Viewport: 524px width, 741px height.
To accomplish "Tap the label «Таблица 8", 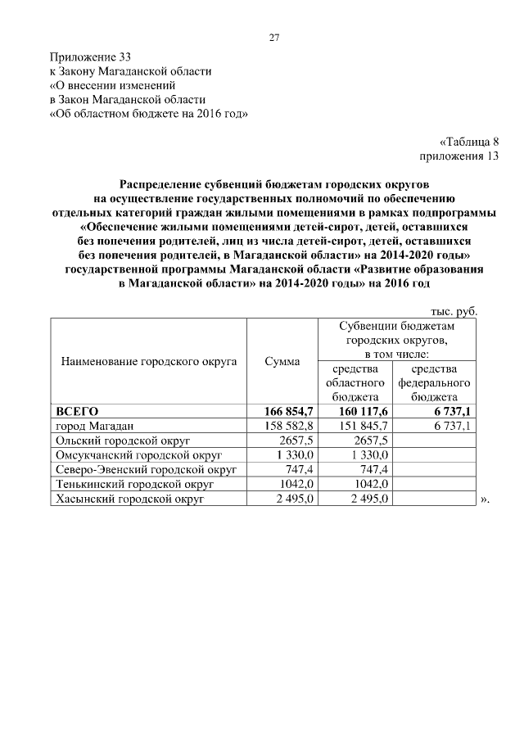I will tap(468, 140).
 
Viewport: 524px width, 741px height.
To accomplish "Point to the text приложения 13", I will tap(458, 155).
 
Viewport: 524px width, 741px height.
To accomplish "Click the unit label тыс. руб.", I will tap(454, 311).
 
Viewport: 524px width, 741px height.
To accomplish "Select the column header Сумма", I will tap(282, 360).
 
